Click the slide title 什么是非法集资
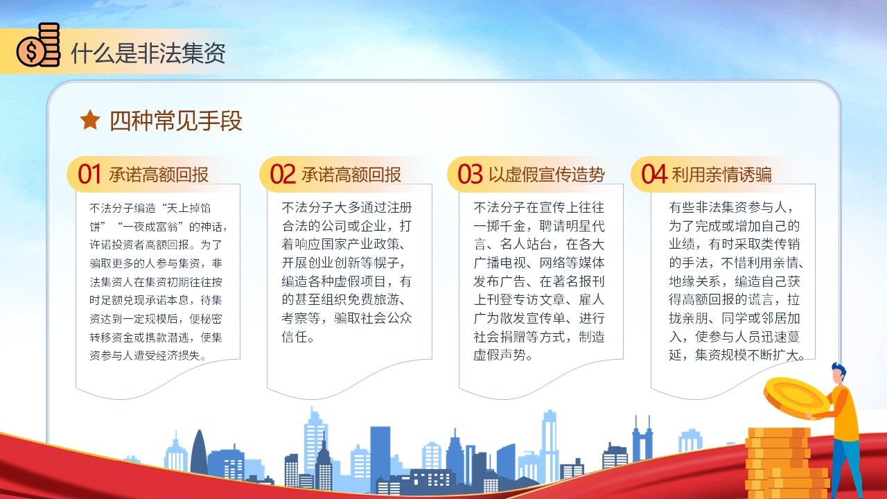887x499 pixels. click(148, 53)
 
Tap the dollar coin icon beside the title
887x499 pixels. click(38, 45)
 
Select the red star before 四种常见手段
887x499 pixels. click(90, 120)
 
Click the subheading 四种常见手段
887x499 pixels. click(175, 121)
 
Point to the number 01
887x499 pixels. click(89, 174)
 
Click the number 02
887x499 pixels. click(282, 174)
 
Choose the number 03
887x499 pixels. click(470, 174)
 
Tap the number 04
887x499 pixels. click(653, 174)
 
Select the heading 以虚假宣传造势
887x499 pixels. click(547, 175)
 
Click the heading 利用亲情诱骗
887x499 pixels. click(721, 175)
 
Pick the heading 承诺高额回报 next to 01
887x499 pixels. click(159, 175)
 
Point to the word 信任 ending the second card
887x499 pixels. click(295, 337)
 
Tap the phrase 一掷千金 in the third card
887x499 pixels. click(500, 226)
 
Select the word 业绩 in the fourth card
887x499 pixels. click(682, 245)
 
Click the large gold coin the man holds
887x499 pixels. click(796, 399)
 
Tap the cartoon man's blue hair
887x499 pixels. click(838, 369)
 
